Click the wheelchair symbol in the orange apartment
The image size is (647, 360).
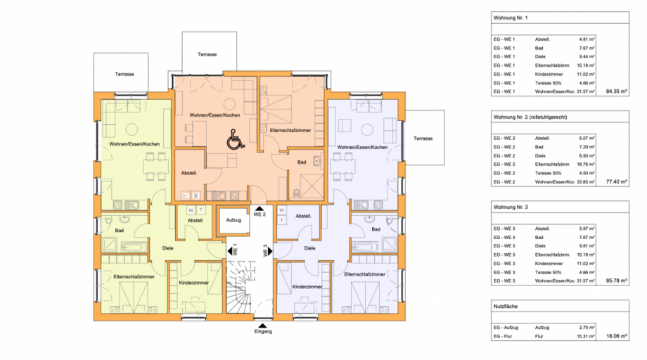coord(232,141)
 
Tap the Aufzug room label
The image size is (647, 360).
coord(233,220)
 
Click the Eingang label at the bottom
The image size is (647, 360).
coord(263,332)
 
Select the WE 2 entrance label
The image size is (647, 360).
coord(259,214)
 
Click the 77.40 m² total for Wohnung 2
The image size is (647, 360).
coord(615,181)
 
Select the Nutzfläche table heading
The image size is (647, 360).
coord(508,307)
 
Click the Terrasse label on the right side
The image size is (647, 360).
coord(423,139)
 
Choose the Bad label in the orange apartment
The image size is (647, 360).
coord(301,162)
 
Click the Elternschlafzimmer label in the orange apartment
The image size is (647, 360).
coord(290,130)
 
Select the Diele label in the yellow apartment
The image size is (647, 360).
coord(167,248)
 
